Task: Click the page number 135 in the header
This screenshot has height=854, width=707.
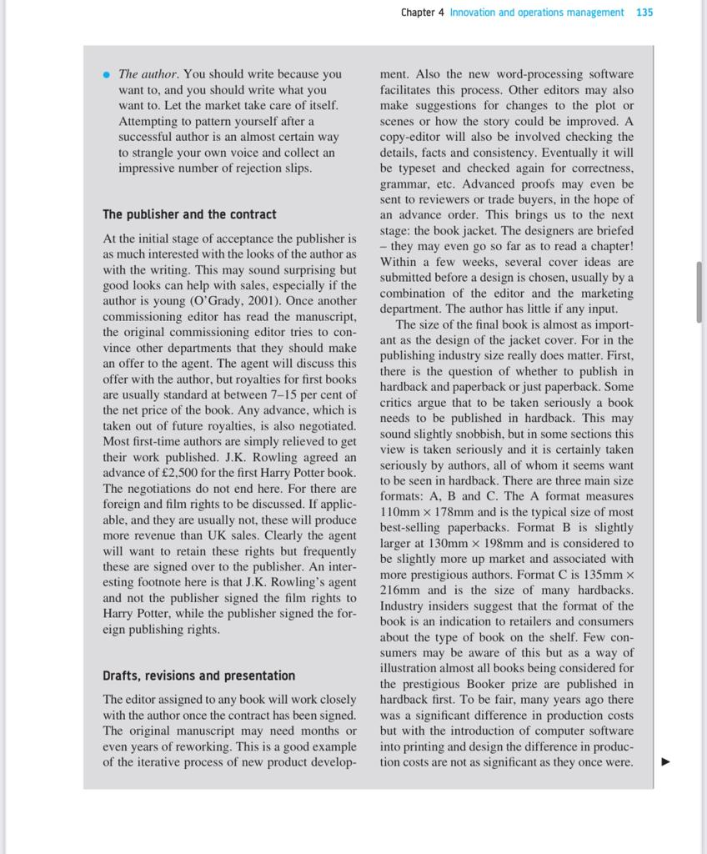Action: pos(644,13)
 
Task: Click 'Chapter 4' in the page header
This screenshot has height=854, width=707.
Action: pos(422,13)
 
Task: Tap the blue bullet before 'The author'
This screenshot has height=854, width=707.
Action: pos(106,74)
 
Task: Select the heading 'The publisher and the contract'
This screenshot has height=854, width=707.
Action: pos(189,214)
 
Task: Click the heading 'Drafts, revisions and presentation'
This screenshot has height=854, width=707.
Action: pos(198,676)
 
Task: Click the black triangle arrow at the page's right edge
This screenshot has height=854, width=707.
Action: pos(665,761)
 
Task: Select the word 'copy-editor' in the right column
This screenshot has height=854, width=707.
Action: pos(410,137)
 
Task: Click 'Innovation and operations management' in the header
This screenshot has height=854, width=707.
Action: pos(536,13)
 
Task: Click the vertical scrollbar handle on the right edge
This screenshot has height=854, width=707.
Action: pos(699,292)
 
